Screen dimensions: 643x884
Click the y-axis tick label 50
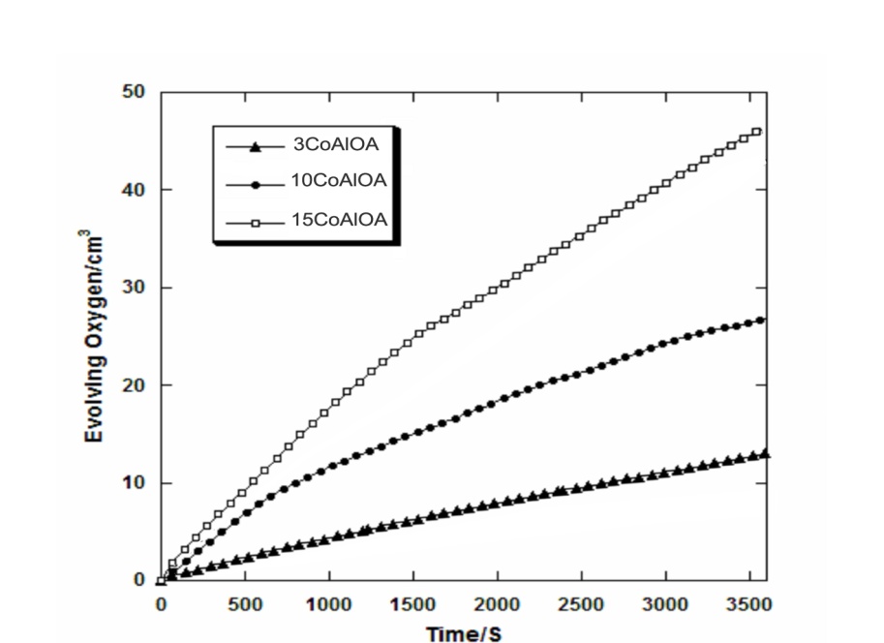tap(133, 92)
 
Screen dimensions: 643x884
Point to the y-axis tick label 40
tap(133, 190)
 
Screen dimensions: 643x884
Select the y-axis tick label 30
tap(133, 288)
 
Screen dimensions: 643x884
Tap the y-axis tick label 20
tap(133, 385)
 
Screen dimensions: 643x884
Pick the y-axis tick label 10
tap(133, 483)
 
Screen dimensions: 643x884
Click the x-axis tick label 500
tap(244, 604)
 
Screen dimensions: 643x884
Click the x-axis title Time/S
tap(464, 631)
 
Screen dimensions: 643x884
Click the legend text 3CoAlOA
tap(336, 146)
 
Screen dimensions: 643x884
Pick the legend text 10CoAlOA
tap(340, 181)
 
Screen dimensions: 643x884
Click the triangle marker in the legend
tap(255, 147)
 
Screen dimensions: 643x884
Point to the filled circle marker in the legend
tap(255, 182)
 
